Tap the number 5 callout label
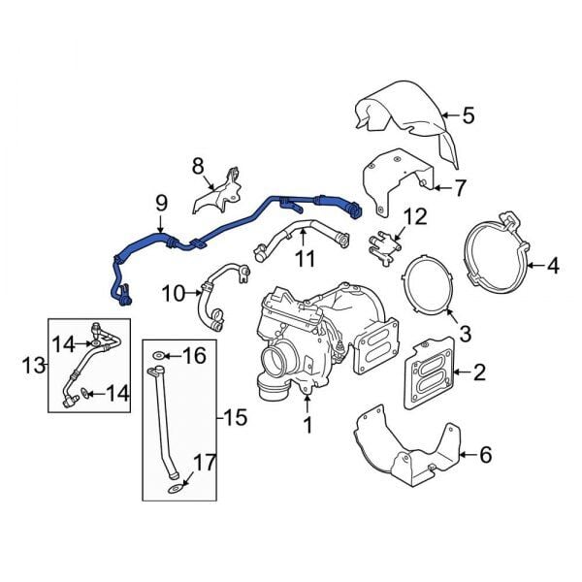tap(468, 116)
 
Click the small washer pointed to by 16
tap(160, 356)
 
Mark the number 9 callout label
tap(161, 203)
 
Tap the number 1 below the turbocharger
tap(307, 424)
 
